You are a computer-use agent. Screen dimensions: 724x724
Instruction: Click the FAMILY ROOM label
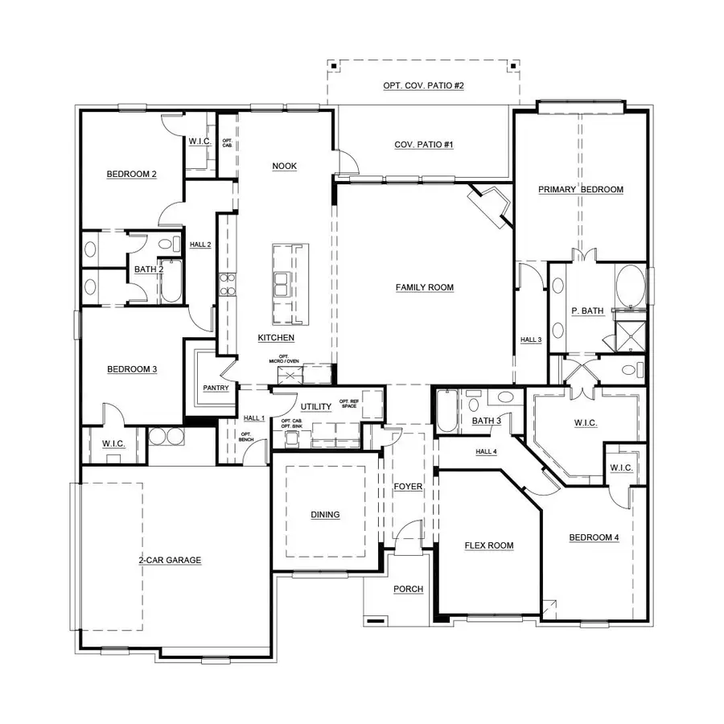(425, 287)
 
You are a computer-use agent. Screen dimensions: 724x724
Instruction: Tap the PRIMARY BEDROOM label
(581, 190)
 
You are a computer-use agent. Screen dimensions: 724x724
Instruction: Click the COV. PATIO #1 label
(424, 145)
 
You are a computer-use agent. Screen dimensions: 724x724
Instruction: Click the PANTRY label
(216, 388)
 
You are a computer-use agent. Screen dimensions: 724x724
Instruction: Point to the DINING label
(325, 515)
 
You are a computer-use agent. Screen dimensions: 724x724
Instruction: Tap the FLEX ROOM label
(489, 545)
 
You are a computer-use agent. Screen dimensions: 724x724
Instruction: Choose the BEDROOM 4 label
(594, 538)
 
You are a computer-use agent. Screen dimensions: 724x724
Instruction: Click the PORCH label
(408, 589)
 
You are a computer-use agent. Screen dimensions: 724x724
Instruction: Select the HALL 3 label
(531, 340)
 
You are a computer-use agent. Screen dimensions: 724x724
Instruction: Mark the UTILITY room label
(316, 407)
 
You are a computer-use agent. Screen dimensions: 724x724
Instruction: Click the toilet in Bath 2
(168, 245)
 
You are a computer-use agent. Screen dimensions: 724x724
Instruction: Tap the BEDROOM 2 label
(131, 174)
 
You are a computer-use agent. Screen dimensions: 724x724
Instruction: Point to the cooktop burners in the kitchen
(227, 286)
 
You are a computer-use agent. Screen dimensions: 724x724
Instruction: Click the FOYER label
(408, 487)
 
